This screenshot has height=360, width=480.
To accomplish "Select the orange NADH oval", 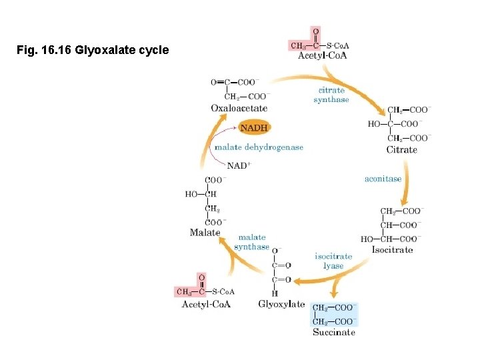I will (x=255, y=128).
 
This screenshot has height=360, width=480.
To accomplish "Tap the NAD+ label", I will (x=239, y=165).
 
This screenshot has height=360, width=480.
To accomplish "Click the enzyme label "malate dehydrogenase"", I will (x=259, y=147).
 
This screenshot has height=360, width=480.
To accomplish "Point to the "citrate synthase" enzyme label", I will (x=331, y=95).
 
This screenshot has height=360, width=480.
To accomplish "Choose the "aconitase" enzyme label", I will (x=383, y=179).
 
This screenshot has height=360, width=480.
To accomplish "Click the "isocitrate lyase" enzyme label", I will (x=333, y=261).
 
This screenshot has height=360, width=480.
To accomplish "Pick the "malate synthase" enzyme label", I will (x=252, y=242).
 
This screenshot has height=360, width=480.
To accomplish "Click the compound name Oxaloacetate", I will (x=239, y=108).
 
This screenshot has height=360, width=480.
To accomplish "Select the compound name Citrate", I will (x=401, y=149).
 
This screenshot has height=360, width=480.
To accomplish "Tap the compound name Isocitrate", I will (x=393, y=250).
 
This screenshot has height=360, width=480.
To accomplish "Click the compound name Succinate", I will (x=334, y=332).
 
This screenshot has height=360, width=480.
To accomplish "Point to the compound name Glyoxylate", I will (x=281, y=305).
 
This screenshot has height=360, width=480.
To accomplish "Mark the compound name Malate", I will (x=205, y=233).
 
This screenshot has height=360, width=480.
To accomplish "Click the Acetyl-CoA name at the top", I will (x=322, y=55).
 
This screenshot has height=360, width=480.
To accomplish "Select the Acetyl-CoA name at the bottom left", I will (x=206, y=305).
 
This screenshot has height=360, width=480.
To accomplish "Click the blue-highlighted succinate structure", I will (x=335, y=315).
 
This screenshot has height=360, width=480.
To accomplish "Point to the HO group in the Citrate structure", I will (x=374, y=124).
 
